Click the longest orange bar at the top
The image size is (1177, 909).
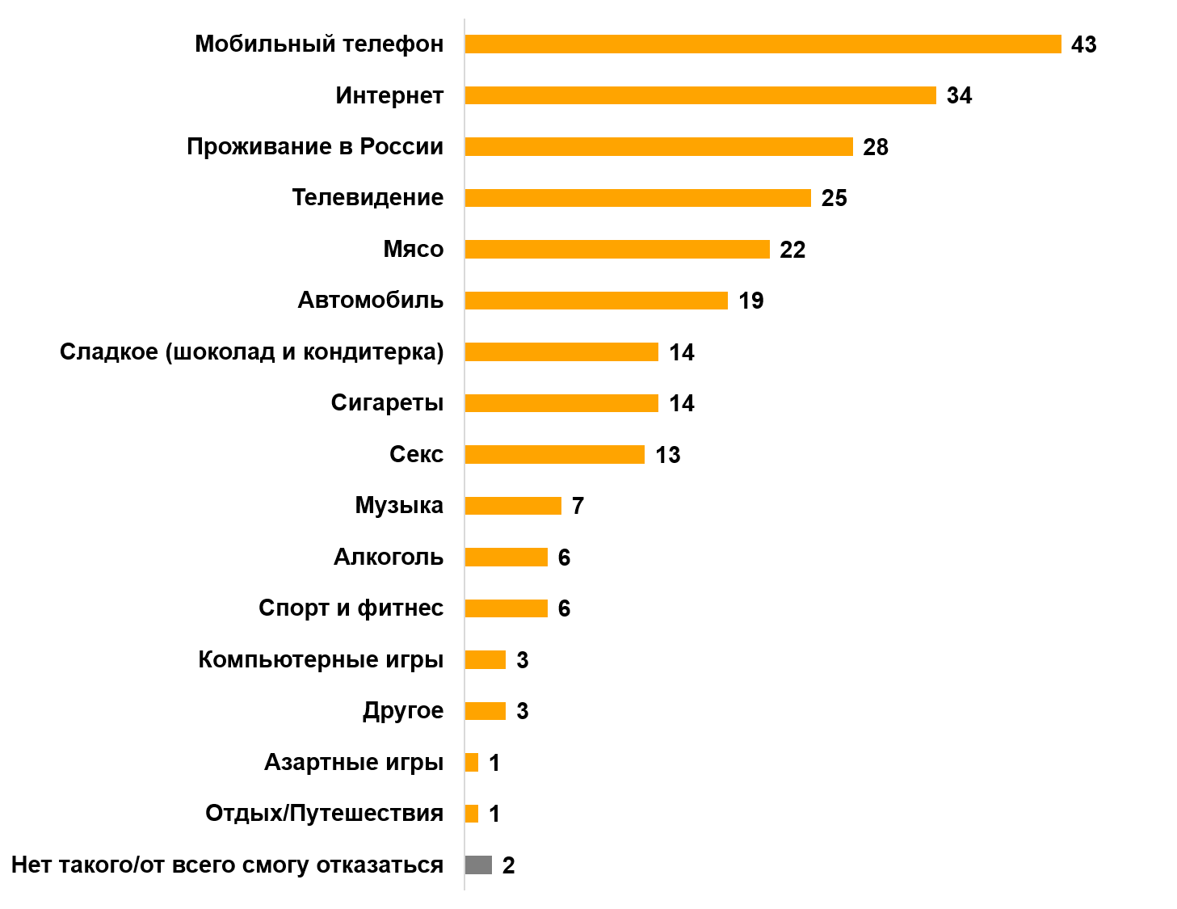click(x=763, y=44)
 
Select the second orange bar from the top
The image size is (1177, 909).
click(x=700, y=95)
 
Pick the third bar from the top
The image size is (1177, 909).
click(x=658, y=147)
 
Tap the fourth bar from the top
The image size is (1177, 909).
click(x=637, y=198)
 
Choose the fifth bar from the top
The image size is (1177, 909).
click(x=617, y=250)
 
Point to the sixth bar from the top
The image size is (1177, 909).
click(x=596, y=301)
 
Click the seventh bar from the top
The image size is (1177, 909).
click(x=561, y=352)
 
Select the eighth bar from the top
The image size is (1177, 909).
click(x=561, y=403)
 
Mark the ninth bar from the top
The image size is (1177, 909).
click(x=554, y=455)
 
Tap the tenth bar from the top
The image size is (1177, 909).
click(x=513, y=506)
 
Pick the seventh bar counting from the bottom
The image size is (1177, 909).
click(x=506, y=558)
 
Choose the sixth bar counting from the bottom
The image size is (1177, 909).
click(x=506, y=608)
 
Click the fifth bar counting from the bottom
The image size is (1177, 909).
click(x=485, y=660)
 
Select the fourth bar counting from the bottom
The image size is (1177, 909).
click(x=485, y=711)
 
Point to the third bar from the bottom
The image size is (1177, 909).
click(x=472, y=763)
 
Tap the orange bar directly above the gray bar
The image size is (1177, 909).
click(x=472, y=814)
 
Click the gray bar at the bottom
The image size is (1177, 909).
click(x=478, y=865)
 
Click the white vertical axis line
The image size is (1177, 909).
click(x=464, y=485)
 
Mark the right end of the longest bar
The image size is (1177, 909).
click(x=1060, y=44)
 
